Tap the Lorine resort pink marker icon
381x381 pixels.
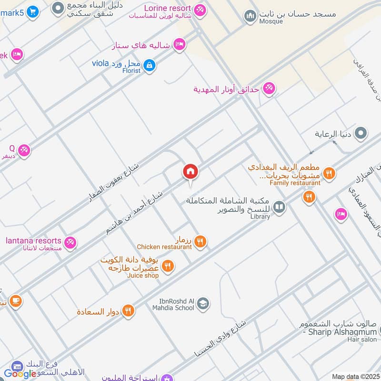(x=200, y=10)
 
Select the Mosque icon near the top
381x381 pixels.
(x=250, y=17)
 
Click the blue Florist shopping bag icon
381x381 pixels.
(x=149, y=65)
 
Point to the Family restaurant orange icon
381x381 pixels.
(x=329, y=173)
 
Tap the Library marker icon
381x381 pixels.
(x=280, y=207)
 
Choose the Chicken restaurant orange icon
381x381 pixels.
(x=200, y=242)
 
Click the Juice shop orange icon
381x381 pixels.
(x=168, y=267)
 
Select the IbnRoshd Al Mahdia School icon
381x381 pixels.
(x=203, y=304)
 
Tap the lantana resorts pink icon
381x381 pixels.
(x=70, y=242)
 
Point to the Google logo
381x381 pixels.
(x=20, y=374)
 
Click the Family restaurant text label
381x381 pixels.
(x=295, y=183)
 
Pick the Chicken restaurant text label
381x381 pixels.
(x=164, y=247)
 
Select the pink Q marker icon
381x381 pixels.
(x=24, y=150)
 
